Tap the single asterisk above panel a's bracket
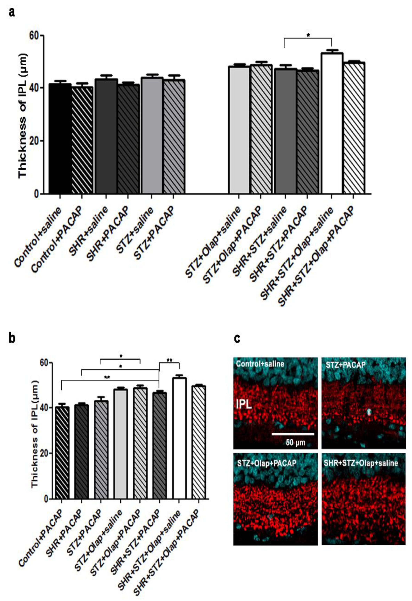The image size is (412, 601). click(308, 35)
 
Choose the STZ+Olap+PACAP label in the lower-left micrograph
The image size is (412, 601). click(266, 463)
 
